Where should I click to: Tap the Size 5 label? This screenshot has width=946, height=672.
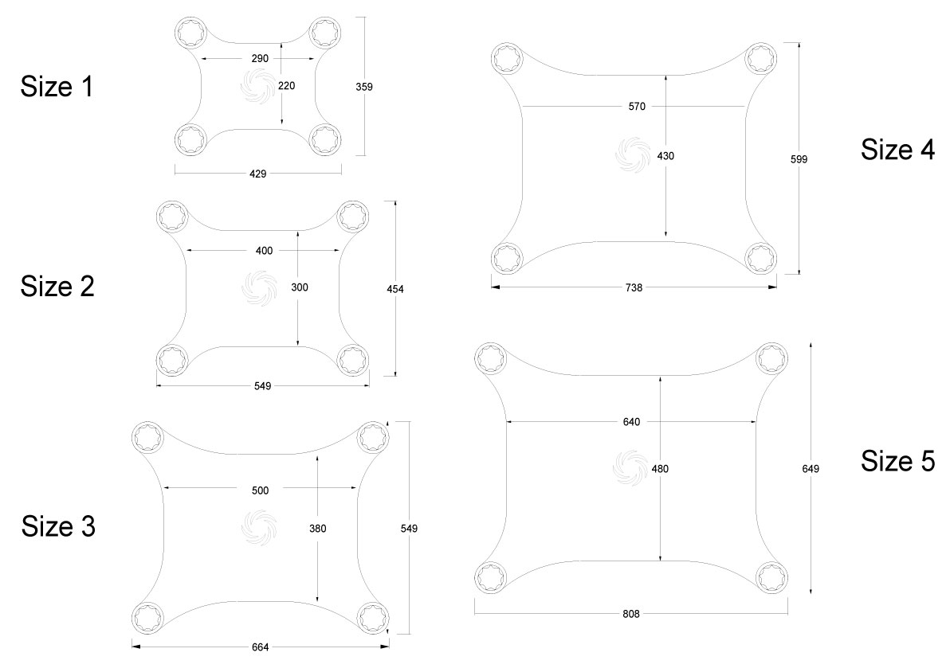897,461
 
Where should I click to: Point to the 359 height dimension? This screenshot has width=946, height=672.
363,86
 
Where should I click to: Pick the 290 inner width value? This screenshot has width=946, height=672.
261,59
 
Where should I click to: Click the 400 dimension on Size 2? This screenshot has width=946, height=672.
264,251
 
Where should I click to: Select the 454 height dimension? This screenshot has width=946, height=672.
394,289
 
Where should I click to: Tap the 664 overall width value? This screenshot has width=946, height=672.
260,647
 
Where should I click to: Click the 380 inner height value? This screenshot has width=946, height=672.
317,528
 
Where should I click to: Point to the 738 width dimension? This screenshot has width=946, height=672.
634,287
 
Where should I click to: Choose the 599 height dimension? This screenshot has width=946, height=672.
799,159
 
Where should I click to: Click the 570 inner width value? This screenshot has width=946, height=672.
634,106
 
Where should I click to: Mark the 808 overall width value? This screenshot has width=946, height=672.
631,613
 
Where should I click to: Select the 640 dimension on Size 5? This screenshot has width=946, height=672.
631,422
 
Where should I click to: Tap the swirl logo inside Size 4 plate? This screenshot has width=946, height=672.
633,154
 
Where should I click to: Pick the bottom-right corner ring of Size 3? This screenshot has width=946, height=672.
372,616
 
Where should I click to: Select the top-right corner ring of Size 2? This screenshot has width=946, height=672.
353,217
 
